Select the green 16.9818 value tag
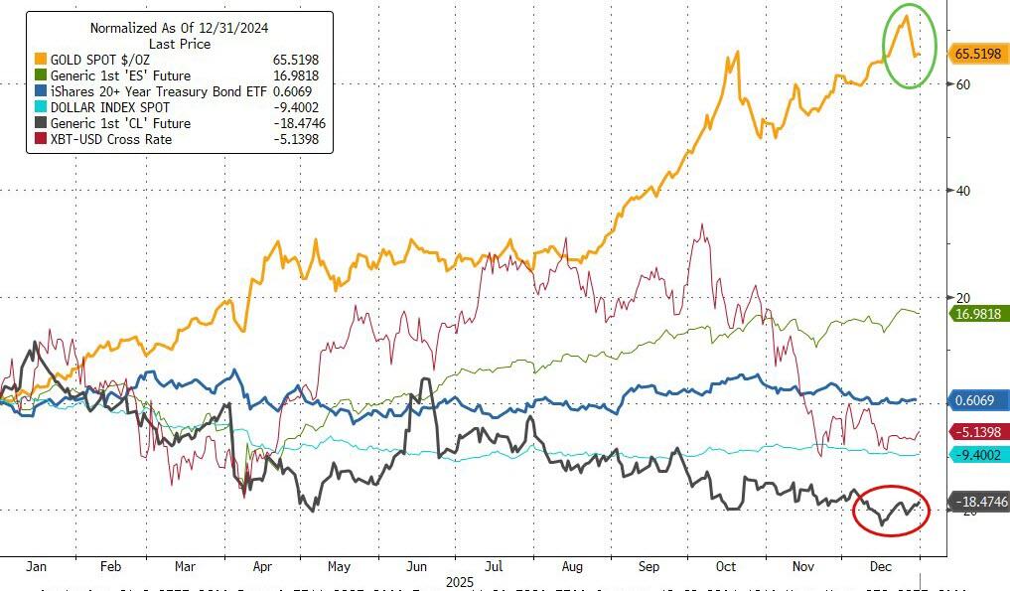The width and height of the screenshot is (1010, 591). click(x=980, y=314)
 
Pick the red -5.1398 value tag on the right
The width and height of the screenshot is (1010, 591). click(x=980, y=431)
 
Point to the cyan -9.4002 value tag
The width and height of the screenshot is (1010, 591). click(x=980, y=454)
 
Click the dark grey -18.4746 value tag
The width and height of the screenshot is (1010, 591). click(x=980, y=503)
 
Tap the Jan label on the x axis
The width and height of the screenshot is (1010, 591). click(x=37, y=566)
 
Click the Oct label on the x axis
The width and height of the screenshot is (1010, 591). click(x=726, y=566)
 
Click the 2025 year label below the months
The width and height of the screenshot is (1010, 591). click(x=461, y=581)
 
